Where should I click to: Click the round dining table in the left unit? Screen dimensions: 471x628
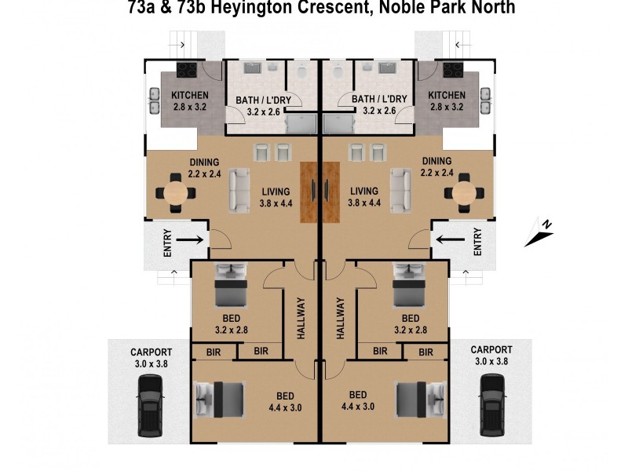pos(177,192)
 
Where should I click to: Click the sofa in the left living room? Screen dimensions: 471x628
pos(239,190)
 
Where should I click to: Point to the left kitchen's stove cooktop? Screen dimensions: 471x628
pos(186,70)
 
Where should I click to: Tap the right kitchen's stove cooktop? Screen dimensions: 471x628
pos(454,70)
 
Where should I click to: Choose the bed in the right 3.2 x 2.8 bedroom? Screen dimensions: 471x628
pos(408,287)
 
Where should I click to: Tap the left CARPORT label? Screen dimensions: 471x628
pos(152,351)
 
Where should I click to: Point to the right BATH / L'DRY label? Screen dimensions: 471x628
pos(379,100)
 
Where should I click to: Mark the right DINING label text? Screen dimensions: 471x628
pos(436,161)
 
